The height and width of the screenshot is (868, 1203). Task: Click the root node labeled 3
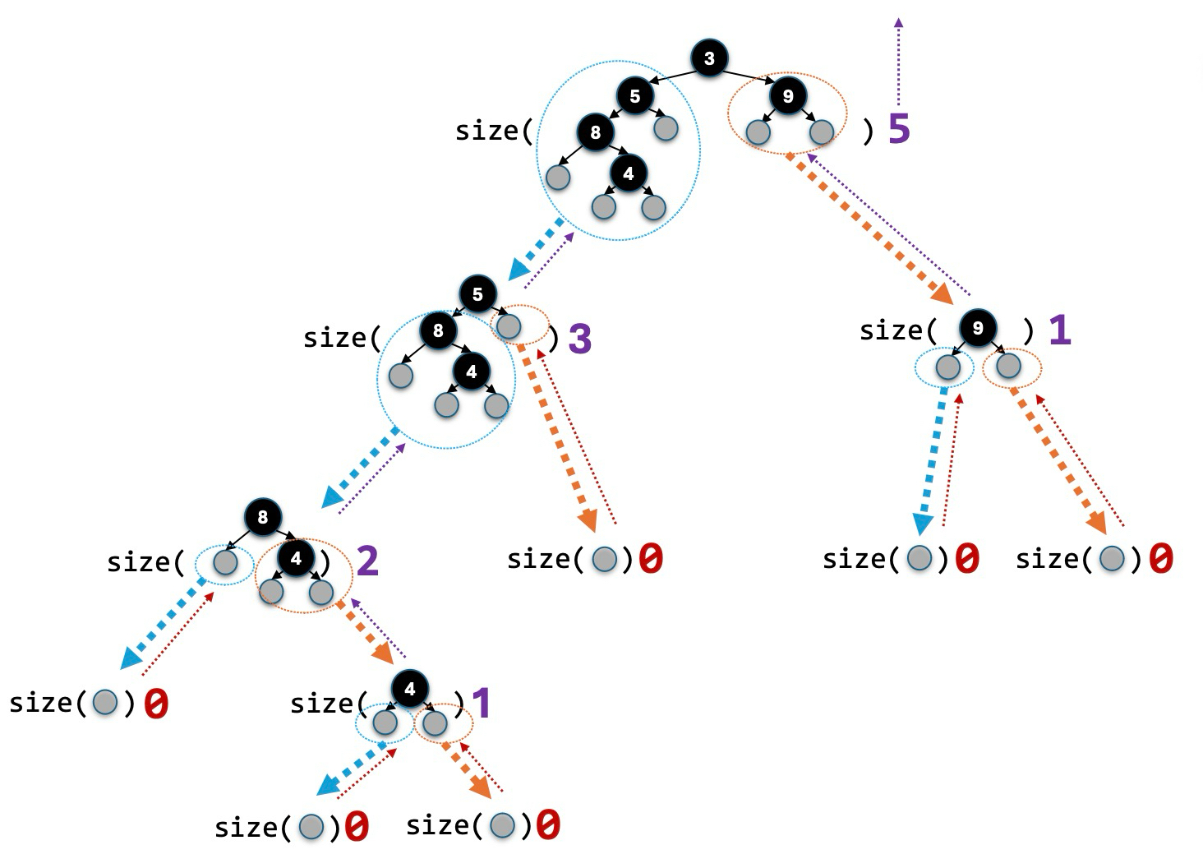click(x=709, y=58)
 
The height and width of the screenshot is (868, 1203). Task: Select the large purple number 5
click(x=900, y=129)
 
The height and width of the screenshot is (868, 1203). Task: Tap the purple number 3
click(x=580, y=339)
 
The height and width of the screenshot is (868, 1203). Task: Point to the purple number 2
click(x=366, y=561)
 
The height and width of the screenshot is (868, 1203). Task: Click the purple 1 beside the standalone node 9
click(x=1060, y=330)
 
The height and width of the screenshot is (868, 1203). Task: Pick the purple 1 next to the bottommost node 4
click(x=481, y=704)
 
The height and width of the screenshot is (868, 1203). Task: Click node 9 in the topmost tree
click(x=787, y=96)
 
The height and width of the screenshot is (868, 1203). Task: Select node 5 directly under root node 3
click(x=634, y=96)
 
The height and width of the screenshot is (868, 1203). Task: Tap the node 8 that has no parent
click(x=263, y=517)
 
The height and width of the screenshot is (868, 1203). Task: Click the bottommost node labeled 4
click(x=410, y=689)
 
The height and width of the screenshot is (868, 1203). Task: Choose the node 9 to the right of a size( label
click(x=977, y=329)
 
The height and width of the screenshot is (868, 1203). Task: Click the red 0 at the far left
click(x=156, y=704)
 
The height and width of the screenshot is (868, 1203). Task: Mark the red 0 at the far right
click(x=1160, y=559)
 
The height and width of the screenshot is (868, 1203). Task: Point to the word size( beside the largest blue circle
click(x=494, y=131)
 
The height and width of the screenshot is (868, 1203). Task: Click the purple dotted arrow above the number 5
click(x=898, y=62)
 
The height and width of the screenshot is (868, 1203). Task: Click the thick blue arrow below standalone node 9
click(x=931, y=461)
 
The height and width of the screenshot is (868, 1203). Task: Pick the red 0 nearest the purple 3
click(x=650, y=559)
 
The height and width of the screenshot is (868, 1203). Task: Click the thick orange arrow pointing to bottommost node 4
click(x=366, y=634)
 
